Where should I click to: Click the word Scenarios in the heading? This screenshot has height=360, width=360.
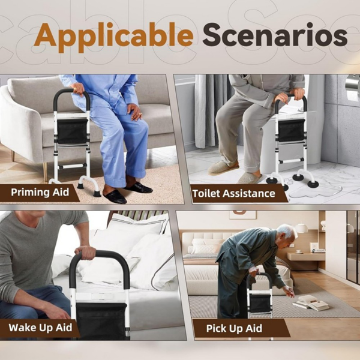275,35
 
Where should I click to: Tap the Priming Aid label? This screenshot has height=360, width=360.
40,192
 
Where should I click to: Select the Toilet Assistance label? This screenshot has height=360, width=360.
234,193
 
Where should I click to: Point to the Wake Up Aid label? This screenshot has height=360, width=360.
40,328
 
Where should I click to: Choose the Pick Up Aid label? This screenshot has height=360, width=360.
234,328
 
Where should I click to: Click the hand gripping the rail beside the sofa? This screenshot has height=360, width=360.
77,89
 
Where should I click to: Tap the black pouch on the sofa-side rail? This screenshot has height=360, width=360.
72,131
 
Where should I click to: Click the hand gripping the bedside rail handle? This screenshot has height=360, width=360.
85,253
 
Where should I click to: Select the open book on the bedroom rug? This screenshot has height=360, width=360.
311,303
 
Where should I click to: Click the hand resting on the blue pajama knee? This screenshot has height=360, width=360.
135,112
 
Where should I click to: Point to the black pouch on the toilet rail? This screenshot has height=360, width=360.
291,130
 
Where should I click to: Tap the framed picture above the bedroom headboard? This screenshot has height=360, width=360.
242,214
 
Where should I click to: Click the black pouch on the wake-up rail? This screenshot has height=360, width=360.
101,321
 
